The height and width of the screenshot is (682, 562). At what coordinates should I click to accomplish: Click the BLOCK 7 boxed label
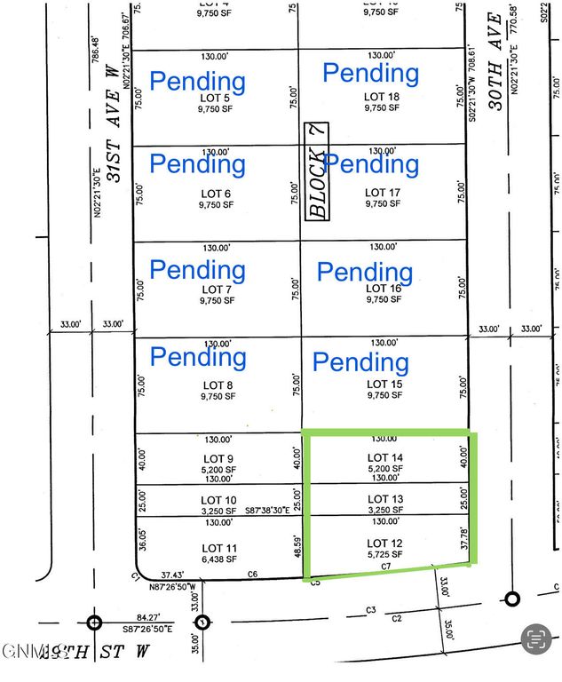point(316,170)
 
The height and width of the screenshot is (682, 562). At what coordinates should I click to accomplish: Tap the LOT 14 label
point(385,458)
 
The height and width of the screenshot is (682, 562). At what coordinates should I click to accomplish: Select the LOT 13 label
point(385,499)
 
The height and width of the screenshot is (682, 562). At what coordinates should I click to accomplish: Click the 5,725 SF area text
point(385,554)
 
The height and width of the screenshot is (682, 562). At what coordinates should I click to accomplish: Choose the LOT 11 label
point(218,548)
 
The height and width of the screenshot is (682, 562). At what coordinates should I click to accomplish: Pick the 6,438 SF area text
point(218,559)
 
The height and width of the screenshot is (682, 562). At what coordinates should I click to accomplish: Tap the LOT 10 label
point(218,500)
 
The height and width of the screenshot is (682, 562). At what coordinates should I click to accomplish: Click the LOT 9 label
point(218,458)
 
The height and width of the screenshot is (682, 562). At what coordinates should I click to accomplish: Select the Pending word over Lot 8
point(198,357)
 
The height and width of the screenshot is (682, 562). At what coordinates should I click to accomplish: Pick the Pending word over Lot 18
point(370,72)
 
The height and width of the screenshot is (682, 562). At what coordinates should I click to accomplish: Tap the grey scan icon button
point(535,638)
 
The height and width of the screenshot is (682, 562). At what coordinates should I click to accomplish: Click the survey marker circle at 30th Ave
point(511,599)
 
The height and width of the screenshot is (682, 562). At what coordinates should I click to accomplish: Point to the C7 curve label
point(385,566)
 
